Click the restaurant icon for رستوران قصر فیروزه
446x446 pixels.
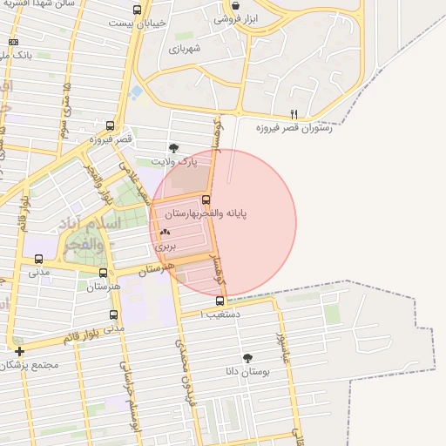tap(294, 114)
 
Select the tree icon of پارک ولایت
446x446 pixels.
tap(174, 148)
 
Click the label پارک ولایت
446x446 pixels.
tap(174, 161)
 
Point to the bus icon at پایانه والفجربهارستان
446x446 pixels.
tap(206, 199)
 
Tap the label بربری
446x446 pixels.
tap(166, 247)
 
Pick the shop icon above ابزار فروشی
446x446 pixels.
tap(235, 5)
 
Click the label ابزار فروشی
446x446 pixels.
tap(230, 18)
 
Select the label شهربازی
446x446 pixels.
tap(184, 48)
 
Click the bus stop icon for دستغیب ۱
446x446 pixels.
tap(220, 301)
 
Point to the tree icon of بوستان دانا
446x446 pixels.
tap(248, 357)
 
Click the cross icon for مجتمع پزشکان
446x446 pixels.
tap(19, 351)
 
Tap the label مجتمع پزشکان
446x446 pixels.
tap(30, 364)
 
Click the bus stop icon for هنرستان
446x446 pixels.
tap(104, 274)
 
